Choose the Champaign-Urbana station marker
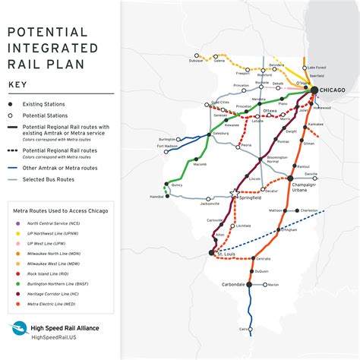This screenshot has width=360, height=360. tap(289, 178)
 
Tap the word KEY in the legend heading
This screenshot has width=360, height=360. tap(21, 84)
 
